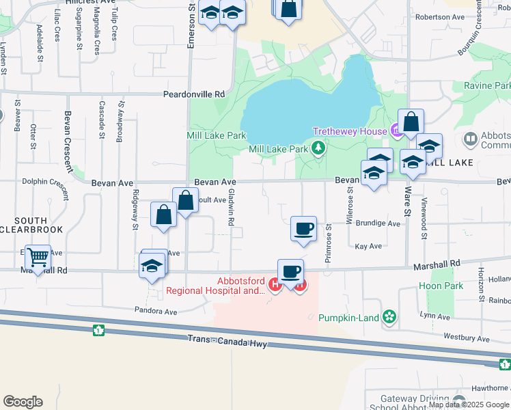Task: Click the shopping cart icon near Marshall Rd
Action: coord(38,258)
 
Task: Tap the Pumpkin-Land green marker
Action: coord(389,317)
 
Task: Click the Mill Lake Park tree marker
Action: coord(318,148)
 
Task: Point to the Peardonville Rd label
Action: coord(193,95)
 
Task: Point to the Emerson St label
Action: coord(192,25)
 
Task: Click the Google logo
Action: coord(23,402)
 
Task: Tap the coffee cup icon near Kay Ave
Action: coord(303,228)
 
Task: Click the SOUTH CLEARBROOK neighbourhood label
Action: coord(31,224)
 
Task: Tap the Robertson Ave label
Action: coord(439,17)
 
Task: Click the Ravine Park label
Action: coord(487,86)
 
